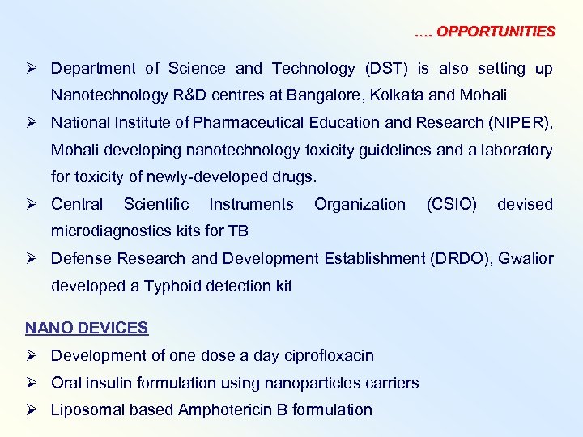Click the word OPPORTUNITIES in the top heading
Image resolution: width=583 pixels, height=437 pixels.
tap(496, 32)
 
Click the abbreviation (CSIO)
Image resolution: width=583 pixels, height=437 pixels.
tap(451, 204)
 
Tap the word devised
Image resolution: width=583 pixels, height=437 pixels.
tap(525, 204)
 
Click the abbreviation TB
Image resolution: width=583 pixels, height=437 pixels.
tap(238, 231)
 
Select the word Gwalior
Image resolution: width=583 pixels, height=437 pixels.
tap(527, 258)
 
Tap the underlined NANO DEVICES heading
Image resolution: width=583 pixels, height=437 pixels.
tap(87, 328)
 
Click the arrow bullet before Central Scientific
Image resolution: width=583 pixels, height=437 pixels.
tap(32, 204)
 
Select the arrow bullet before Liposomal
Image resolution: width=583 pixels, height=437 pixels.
tap(32, 409)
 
